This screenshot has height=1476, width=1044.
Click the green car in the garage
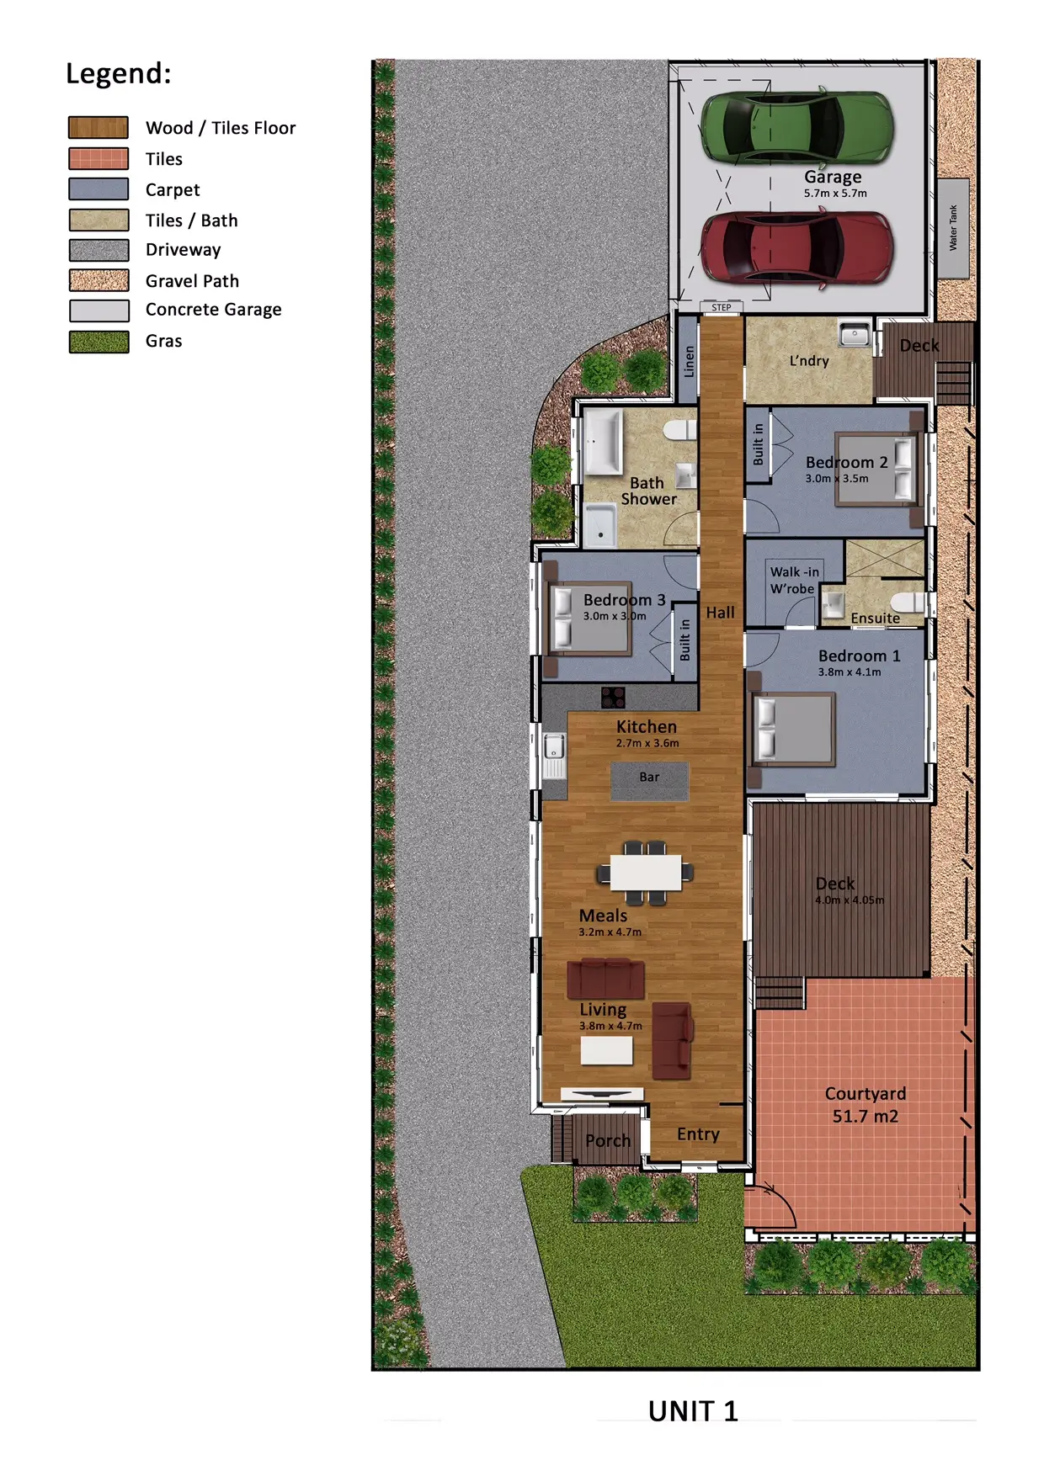tap(796, 127)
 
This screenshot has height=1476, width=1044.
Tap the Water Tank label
tap(953, 228)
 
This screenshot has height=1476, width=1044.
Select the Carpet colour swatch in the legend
tap(99, 189)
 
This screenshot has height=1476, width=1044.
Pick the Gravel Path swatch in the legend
tap(99, 280)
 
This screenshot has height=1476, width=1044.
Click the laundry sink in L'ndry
tap(855, 335)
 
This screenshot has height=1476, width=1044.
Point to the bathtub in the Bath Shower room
tap(603, 442)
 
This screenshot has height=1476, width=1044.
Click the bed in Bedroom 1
tap(793, 729)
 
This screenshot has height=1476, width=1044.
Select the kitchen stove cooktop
tap(613, 697)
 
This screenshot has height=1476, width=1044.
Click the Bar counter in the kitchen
tap(649, 781)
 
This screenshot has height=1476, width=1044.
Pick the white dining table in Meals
tap(646, 873)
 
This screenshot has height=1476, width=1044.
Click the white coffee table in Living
tap(606, 1050)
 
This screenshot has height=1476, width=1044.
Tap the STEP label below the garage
tap(722, 307)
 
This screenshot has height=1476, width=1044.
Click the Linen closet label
tap(689, 361)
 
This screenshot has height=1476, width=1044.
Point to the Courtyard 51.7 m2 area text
tap(866, 1105)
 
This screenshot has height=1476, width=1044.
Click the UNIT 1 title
tap(693, 1411)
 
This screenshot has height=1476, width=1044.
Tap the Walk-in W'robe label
tap(794, 581)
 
